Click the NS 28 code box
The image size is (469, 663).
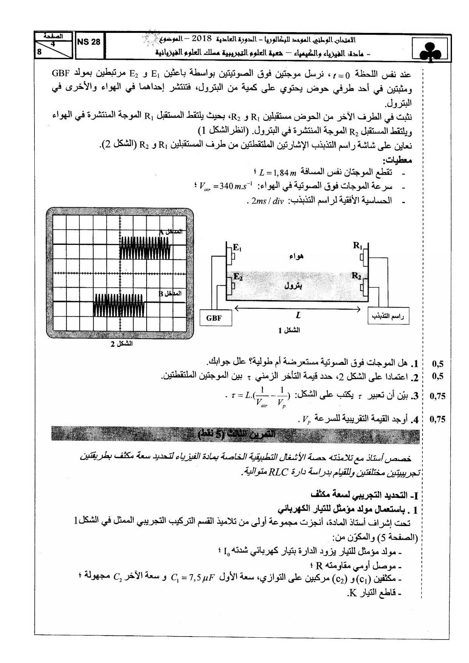pos(89,42)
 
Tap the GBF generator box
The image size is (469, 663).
pos(214,318)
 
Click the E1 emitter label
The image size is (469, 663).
pos(237,248)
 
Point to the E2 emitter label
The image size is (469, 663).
pos(238,277)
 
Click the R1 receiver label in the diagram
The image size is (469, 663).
pos(358,246)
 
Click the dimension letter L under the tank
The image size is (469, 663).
pos(298,315)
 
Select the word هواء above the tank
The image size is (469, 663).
pos(296,257)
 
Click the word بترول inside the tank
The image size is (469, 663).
pos(293,286)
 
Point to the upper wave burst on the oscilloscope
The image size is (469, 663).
pos(145,248)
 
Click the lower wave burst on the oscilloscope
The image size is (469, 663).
pos(119,305)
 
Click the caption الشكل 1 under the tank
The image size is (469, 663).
pos(289,330)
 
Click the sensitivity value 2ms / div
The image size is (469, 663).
pos(268,201)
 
